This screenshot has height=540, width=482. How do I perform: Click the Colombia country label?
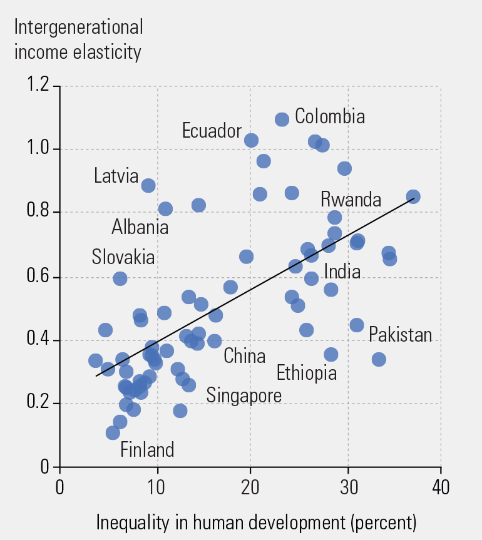(329, 116)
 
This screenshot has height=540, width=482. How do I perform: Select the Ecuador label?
(212, 131)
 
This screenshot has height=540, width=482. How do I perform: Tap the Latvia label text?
(116, 176)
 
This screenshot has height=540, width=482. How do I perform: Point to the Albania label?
(140, 227)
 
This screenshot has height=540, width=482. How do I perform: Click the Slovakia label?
(123, 257)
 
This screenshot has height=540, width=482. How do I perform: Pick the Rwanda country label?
(351, 200)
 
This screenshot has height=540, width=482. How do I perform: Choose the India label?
(342, 272)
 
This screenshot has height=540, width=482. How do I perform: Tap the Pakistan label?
(400, 335)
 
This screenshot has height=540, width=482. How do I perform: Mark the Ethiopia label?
(307, 374)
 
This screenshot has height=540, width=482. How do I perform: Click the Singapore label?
(244, 395)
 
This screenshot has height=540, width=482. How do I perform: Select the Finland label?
(147, 449)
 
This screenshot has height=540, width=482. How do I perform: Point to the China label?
(244, 356)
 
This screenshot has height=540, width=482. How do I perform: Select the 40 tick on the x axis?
(441, 487)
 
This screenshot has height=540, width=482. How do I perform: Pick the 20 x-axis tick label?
(250, 487)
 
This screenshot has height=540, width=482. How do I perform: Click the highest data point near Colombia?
(282, 119)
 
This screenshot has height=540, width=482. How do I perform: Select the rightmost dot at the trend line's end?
(413, 197)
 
